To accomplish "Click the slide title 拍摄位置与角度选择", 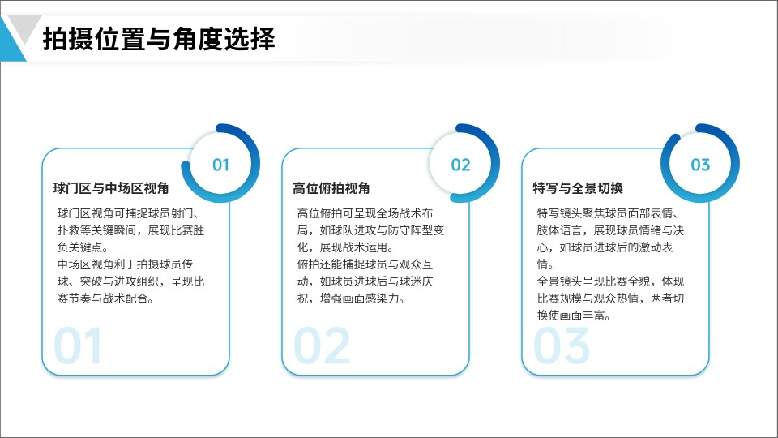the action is [159, 39].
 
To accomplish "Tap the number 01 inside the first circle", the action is [220, 165].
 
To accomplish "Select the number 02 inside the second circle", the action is [460, 165].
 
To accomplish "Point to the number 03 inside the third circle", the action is [700, 165].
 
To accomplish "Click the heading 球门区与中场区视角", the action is [111, 188].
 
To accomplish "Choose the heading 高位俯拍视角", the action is [331, 188].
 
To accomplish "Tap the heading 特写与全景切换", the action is [578, 188].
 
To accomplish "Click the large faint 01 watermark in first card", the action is [78, 346].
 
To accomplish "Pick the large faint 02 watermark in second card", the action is [322, 346].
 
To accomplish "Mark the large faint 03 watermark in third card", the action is [561, 346].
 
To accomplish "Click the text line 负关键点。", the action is [83, 247].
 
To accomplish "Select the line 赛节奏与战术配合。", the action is [105, 298].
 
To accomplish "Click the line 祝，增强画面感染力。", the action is [351, 298].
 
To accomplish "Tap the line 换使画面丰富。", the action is [574, 316].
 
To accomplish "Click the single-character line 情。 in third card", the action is [545, 264].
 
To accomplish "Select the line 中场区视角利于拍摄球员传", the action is [125, 264].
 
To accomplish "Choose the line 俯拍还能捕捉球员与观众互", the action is [365, 264].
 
